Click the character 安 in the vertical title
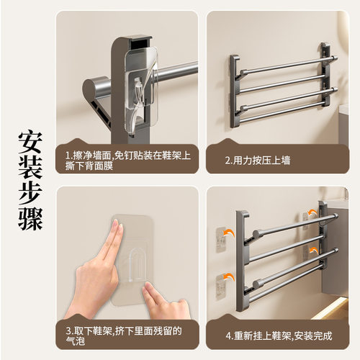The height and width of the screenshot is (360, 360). (x=30, y=143)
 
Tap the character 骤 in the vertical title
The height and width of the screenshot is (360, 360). (x=30, y=218)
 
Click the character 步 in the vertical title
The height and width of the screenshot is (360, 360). (x=30, y=193)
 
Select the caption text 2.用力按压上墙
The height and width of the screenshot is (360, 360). (x=258, y=161)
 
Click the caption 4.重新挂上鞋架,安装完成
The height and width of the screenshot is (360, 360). (x=279, y=336)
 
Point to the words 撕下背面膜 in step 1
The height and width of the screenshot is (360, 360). (x=89, y=166)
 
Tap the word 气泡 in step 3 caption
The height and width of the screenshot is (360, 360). (x=76, y=341)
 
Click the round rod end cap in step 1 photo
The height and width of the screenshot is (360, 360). (x=92, y=89)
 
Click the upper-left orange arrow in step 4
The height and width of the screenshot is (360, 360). (x=228, y=233)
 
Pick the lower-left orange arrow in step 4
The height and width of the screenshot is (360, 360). (x=228, y=277)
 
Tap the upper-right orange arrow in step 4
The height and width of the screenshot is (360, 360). (x=312, y=212)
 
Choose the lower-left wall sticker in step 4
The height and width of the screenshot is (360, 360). (x=221, y=287)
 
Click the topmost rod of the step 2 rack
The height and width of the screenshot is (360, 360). (x=289, y=65)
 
